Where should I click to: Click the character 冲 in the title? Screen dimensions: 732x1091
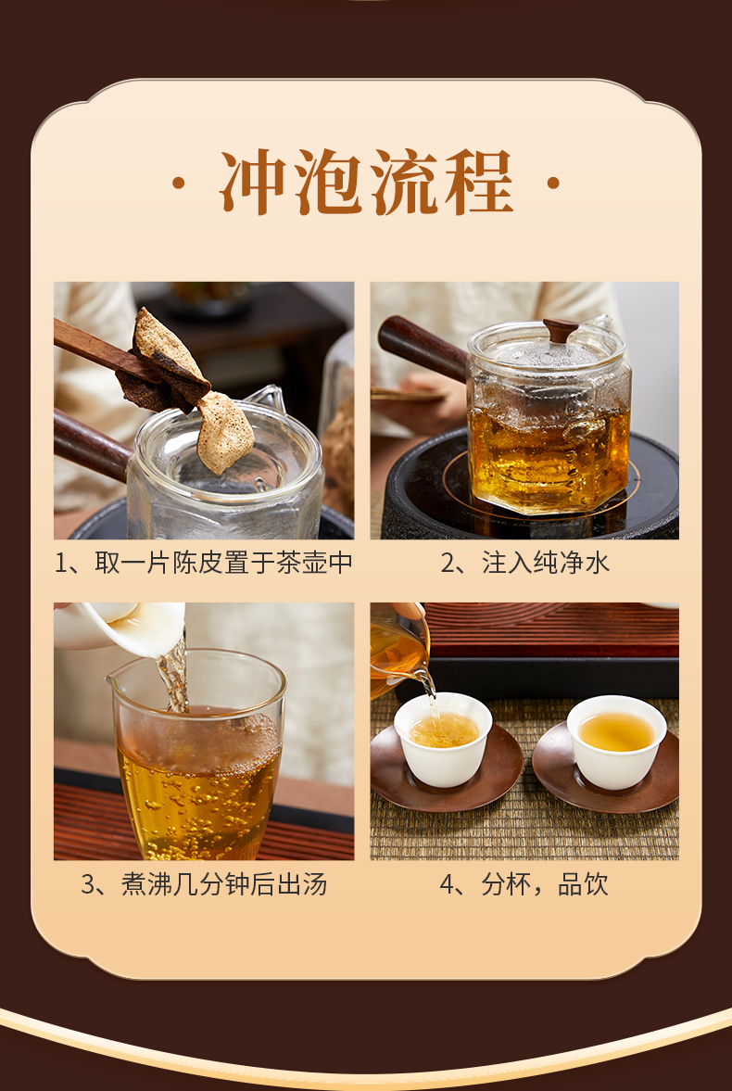coord(253,183)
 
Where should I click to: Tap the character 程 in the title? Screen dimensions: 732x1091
coord(479,183)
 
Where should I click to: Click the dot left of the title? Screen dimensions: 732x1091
coord(179,183)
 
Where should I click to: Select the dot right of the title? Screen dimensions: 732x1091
coord(553,183)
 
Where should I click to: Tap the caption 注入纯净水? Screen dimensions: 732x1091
coord(546,563)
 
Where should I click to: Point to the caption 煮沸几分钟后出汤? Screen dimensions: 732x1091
coord(224,884)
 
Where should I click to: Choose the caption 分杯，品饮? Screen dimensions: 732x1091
coord(545,884)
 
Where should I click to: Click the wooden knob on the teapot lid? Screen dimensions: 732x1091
coord(561,329)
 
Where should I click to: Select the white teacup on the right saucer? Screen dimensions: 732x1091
coord(616,742)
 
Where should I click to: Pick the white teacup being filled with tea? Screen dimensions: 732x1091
coord(443,739)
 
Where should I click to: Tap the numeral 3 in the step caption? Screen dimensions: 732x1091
coord(88,885)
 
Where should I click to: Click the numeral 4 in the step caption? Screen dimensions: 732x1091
coord(447,885)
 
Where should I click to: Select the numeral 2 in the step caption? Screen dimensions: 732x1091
coord(448,564)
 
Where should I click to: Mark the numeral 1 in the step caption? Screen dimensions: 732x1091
coord(61,564)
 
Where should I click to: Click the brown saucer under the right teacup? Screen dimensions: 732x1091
coord(605,769)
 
